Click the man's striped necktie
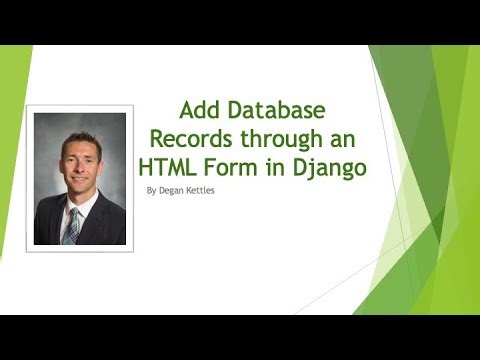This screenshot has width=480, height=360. [73, 226]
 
